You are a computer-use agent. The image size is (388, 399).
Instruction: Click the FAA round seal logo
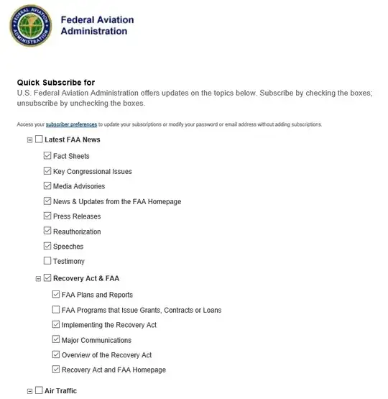pyautogui.click(x=30, y=27)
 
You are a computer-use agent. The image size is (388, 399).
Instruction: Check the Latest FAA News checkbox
pyautogui.click(x=39, y=140)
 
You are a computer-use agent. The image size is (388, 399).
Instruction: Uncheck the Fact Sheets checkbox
pyautogui.click(x=47, y=156)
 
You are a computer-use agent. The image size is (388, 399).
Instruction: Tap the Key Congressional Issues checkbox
pyautogui.click(x=47, y=171)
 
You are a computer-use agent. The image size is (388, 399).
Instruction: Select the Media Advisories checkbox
pyautogui.click(x=47, y=186)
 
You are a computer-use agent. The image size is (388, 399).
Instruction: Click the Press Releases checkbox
pyautogui.click(x=47, y=216)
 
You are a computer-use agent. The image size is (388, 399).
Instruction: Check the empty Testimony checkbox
pyautogui.click(x=47, y=261)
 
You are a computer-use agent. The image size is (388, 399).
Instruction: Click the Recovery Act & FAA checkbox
pyautogui.click(x=47, y=278)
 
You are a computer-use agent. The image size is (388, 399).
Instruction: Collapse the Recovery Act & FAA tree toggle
pyautogui.click(x=39, y=278)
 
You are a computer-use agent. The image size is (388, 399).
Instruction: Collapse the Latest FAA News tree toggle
pyautogui.click(x=30, y=141)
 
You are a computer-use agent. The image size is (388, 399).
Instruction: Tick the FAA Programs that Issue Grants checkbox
pyautogui.click(x=56, y=310)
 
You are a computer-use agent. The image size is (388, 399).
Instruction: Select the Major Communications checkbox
pyautogui.click(x=56, y=340)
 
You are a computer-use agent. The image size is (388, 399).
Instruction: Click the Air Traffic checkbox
pyautogui.click(x=39, y=390)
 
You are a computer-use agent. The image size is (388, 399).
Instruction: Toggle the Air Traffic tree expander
pyautogui.click(x=30, y=391)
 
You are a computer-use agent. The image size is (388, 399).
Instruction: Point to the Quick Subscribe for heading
pyautogui.click(x=56, y=83)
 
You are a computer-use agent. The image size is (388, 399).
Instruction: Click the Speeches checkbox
pyautogui.click(x=47, y=247)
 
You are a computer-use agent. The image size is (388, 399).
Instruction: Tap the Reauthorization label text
pyautogui.click(x=77, y=231)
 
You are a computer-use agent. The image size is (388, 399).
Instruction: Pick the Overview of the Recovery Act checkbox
pyautogui.click(x=56, y=355)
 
